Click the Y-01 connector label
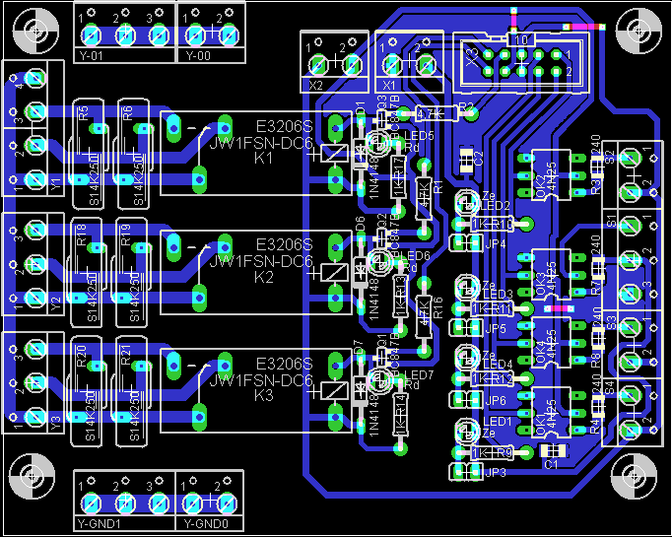(x=91, y=55)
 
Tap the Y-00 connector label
(x=198, y=55)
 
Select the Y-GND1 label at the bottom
(x=98, y=523)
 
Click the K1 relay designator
(x=263, y=157)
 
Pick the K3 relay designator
(x=263, y=395)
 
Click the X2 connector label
(x=315, y=86)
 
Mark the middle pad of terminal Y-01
(x=125, y=34)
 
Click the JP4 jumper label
(x=496, y=244)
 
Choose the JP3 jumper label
(x=496, y=473)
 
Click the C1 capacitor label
(x=551, y=463)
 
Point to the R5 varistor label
(x=84, y=112)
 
